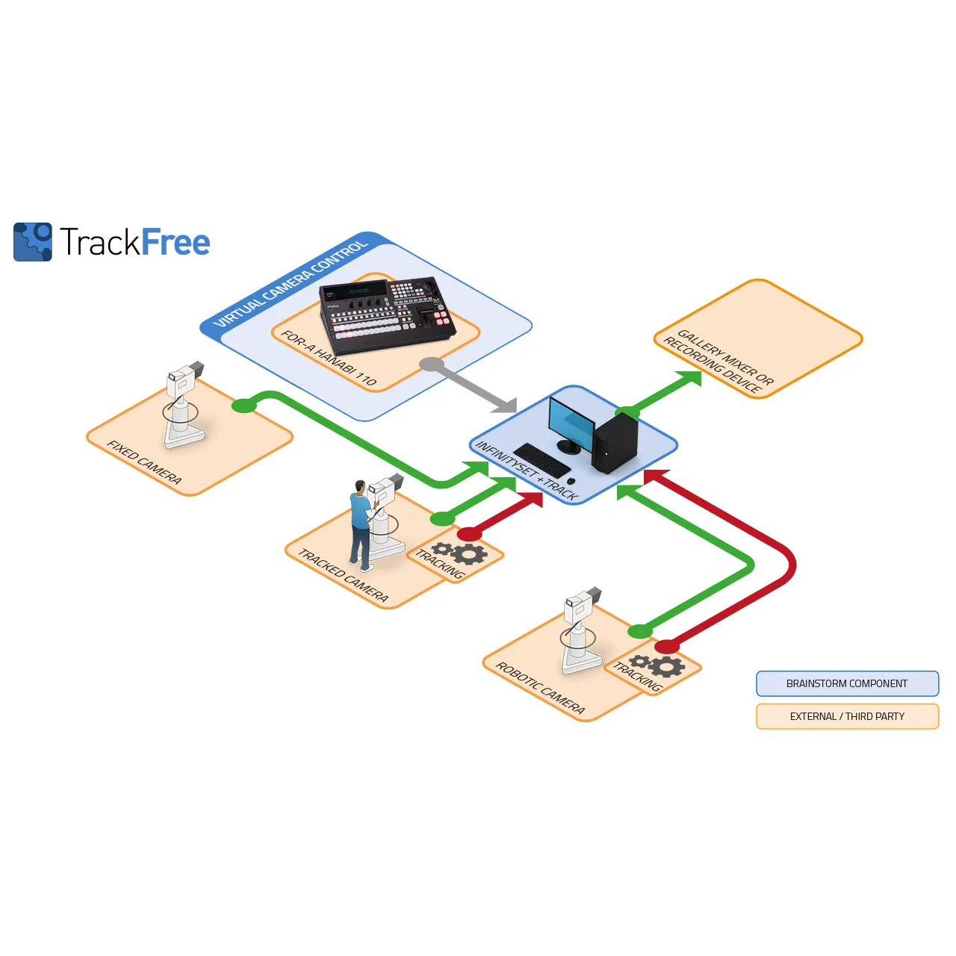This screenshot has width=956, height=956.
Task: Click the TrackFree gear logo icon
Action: click(x=33, y=241)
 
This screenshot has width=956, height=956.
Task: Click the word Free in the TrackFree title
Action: click(x=176, y=243)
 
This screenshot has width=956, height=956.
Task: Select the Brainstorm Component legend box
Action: click(x=847, y=683)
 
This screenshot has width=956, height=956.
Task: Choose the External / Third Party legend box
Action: click(x=847, y=716)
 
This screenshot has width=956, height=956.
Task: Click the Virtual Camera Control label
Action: click(x=291, y=284)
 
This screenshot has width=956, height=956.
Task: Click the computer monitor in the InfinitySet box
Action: click(x=571, y=424)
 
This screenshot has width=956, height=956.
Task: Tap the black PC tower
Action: click(x=615, y=443)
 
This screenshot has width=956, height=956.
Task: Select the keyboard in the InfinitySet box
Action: click(x=542, y=460)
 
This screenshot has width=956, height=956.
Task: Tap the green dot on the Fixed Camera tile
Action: click(x=243, y=406)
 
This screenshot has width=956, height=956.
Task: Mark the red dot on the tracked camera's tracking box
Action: click(x=469, y=534)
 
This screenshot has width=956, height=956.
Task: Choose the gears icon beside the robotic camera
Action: click(x=658, y=665)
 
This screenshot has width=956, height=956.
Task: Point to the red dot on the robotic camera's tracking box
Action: click(x=667, y=646)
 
